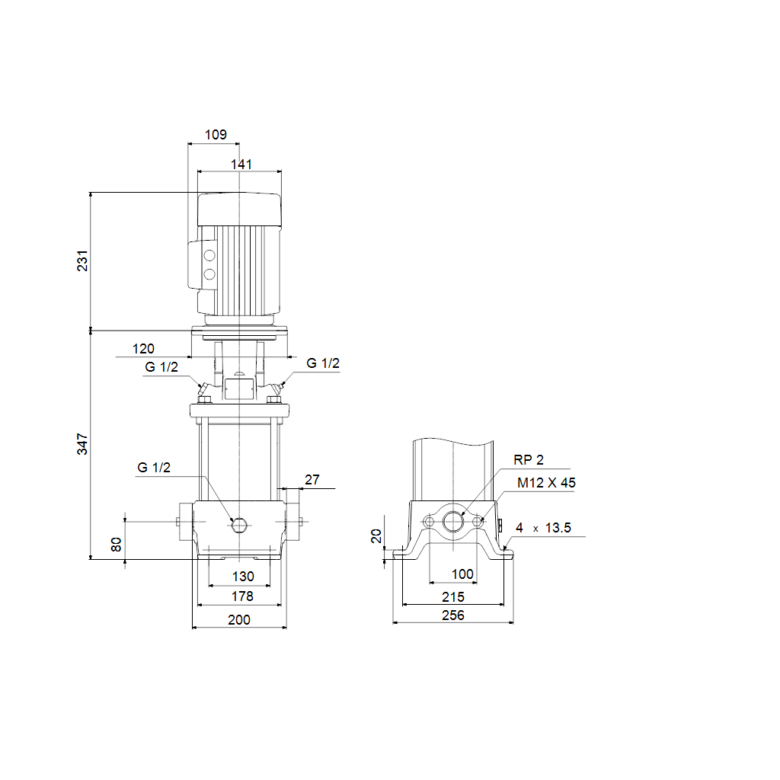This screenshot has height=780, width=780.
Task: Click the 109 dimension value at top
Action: (216, 134)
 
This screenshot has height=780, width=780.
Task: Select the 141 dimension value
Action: (241, 165)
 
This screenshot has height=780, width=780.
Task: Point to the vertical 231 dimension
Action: (82, 261)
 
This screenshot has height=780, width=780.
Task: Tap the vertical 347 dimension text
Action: (82, 444)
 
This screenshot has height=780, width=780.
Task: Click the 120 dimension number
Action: (143, 349)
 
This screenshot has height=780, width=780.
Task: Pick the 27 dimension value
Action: (312, 480)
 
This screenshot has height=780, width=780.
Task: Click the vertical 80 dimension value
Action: (116, 544)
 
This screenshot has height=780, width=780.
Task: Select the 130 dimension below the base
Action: (243, 577)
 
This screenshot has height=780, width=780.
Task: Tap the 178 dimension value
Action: (242, 596)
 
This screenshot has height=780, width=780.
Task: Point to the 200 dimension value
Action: (239, 620)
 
